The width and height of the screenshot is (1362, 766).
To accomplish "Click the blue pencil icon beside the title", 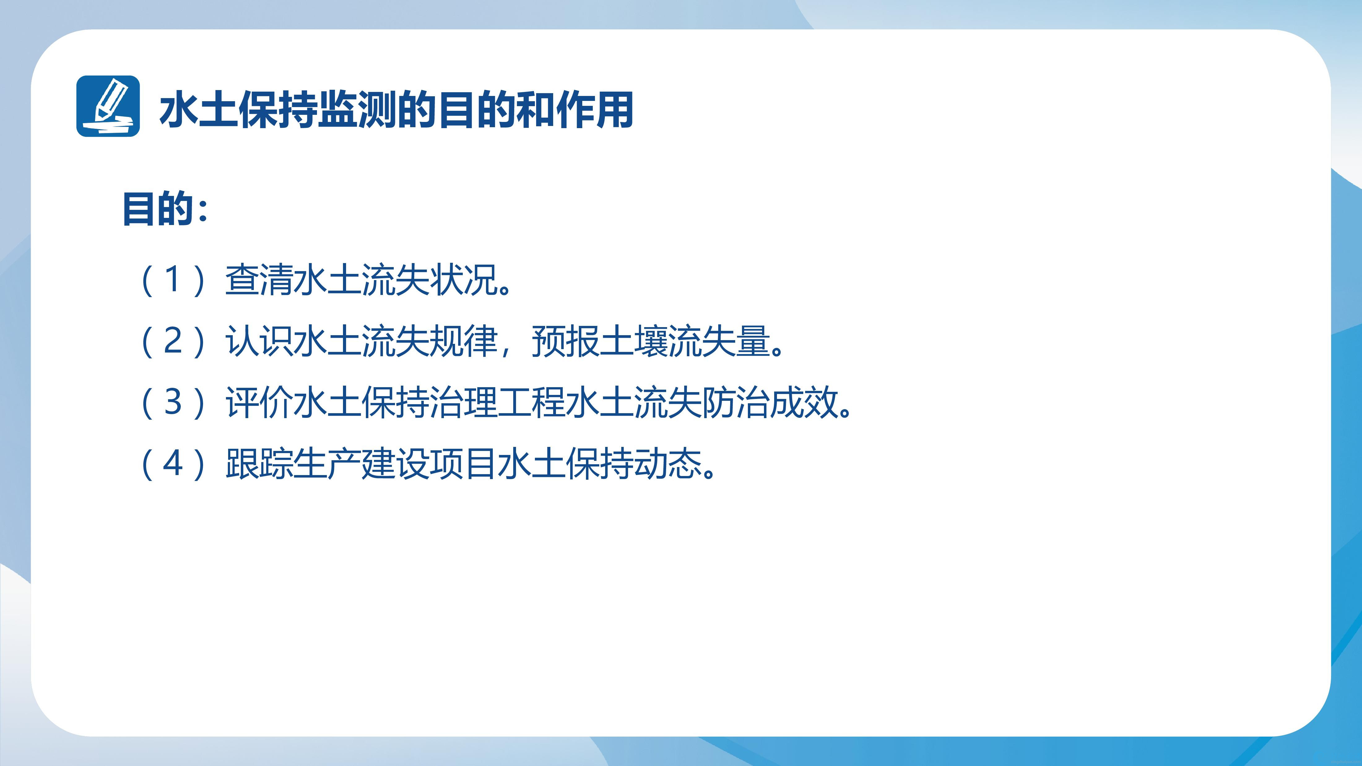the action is click(108, 106).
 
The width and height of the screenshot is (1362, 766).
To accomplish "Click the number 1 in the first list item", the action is click(173, 280).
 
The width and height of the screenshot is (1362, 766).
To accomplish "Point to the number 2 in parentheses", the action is click(173, 341).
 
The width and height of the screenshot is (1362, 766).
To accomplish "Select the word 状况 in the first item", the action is click(463, 280).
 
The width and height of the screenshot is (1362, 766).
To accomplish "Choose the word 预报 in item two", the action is click(565, 341).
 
